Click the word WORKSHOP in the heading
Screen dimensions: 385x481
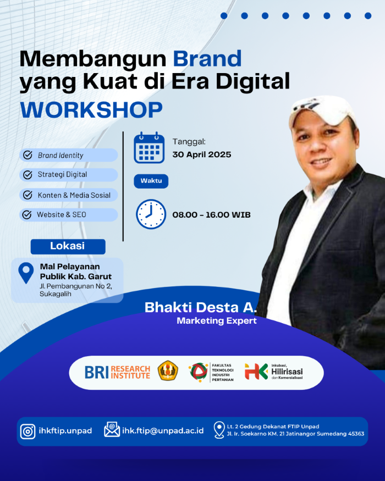91,110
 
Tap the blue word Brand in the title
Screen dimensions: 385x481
207,58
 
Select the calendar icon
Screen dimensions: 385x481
149,147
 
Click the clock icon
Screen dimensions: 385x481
151,214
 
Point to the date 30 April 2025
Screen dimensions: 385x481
202,154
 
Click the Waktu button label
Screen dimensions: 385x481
151,181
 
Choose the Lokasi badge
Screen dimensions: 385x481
68,246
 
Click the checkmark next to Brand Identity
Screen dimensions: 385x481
28,155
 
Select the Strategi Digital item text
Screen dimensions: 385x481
62,175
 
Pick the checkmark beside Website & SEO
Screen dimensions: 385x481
27,214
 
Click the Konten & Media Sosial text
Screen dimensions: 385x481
74,195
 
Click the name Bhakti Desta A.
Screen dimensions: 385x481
201,307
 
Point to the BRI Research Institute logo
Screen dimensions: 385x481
117,372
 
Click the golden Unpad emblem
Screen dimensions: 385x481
168,371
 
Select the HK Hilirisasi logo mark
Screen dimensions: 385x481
256,371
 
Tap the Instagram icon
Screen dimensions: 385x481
28,431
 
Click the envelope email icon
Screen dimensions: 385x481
112,429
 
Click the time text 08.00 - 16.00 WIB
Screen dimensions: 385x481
211,215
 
